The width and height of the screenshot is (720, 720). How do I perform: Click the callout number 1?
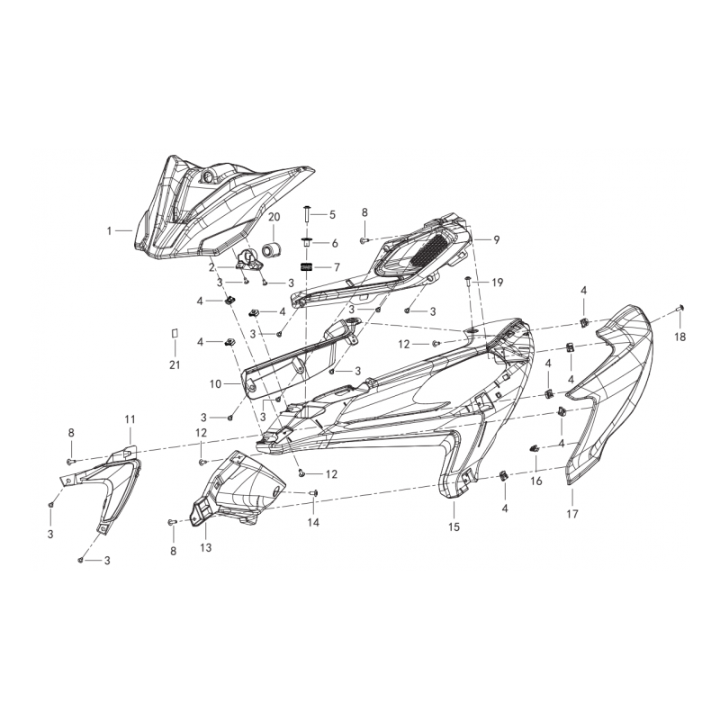pyautogui.click(x=109, y=231)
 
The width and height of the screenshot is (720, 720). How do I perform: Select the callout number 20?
pyautogui.click(x=274, y=217)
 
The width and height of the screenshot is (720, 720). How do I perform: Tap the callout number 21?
pyautogui.click(x=175, y=365)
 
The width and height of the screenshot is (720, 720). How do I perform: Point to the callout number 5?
pyautogui.click(x=332, y=214)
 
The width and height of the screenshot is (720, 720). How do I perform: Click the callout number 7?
pyautogui.click(x=337, y=267)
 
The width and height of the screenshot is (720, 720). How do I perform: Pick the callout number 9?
pyautogui.click(x=497, y=239)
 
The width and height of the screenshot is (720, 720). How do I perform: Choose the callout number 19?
pyautogui.click(x=498, y=283)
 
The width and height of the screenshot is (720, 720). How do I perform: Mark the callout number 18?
pyautogui.click(x=680, y=337)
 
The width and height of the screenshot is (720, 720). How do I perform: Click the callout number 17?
pyautogui.click(x=572, y=514)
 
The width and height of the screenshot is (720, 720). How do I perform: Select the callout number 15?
pyautogui.click(x=454, y=527)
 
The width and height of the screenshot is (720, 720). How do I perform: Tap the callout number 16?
pyautogui.click(x=536, y=481)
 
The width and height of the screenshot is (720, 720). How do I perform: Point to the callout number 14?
pyautogui.click(x=313, y=522)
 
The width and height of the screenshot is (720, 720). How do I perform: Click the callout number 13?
pyautogui.click(x=206, y=548)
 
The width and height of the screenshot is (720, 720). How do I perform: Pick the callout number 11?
pyautogui.click(x=130, y=419)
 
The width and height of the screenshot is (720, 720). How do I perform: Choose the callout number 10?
pyautogui.click(x=216, y=384)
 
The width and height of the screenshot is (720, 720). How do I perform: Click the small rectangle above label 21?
pyautogui.click(x=175, y=334)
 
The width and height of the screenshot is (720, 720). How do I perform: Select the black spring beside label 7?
pyautogui.click(x=306, y=266)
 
